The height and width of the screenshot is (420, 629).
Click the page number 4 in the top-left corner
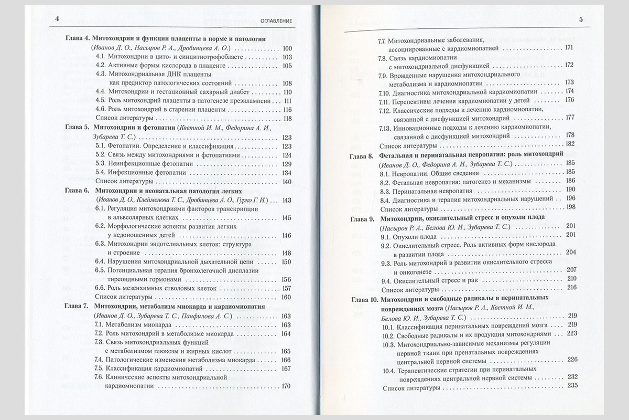coord(57,20)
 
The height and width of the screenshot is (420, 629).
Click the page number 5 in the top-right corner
coord(581,20)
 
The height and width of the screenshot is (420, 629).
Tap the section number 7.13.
coord(386,127)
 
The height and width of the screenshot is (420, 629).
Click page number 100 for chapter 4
coord(287,48)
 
